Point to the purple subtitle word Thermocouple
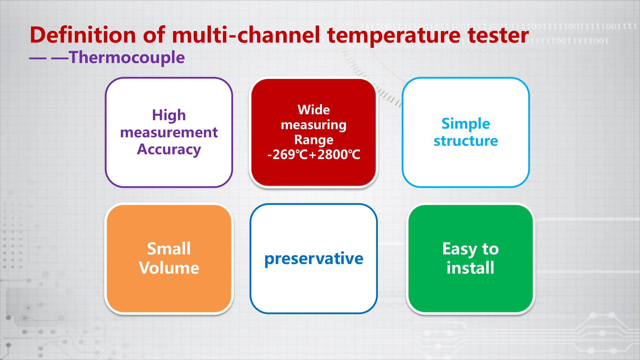[x=127, y=58]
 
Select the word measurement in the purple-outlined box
[x=169, y=132]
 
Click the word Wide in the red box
[x=314, y=110]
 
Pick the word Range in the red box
[x=314, y=140]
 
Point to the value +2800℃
[x=334, y=155]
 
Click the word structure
[x=466, y=141]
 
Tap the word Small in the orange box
[x=169, y=249]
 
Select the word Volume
[x=169, y=268]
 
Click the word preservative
[x=314, y=259]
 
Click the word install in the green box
[x=470, y=268]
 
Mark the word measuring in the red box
[x=314, y=125]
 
